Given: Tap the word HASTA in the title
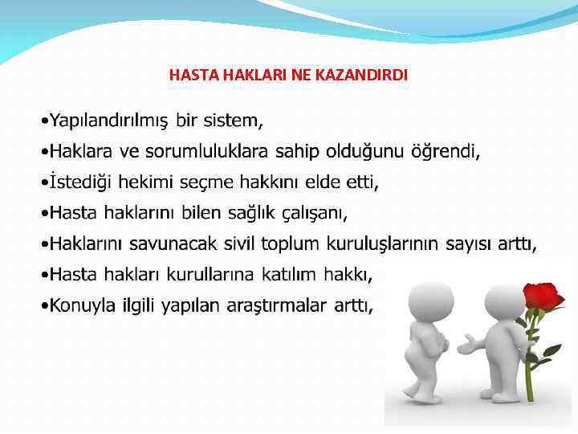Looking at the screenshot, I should [189, 75].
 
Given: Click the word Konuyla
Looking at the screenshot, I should [84, 305].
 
